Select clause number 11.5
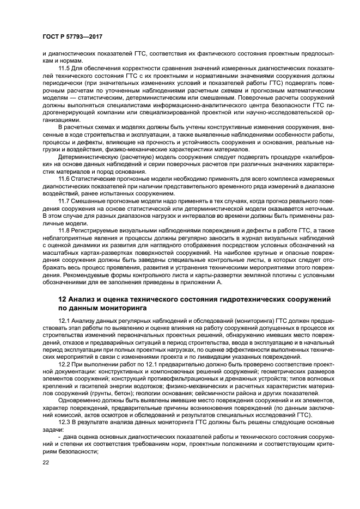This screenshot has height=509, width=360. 64,68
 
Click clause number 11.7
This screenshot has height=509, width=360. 64,201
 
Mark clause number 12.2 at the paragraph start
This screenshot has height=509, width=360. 64,363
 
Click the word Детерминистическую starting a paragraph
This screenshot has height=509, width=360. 90,156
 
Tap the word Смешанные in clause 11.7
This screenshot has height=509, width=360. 89,201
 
